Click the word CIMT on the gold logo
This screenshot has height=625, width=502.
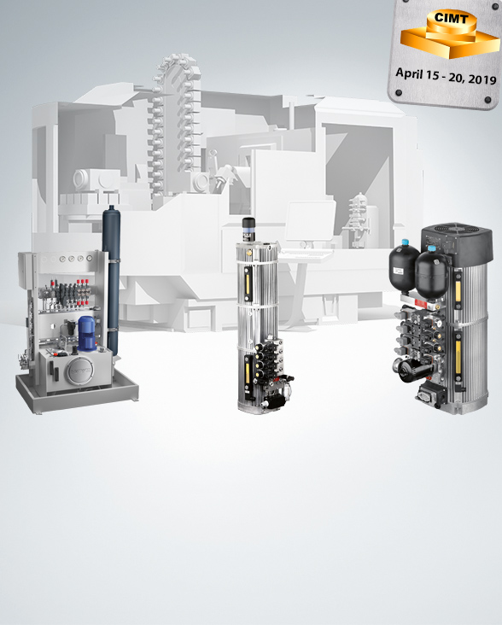point(451,18)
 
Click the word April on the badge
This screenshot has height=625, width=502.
point(409,73)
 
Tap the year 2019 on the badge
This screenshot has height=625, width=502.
point(482,79)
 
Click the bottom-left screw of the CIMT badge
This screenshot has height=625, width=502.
point(399,93)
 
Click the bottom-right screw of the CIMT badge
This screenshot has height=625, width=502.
point(487,100)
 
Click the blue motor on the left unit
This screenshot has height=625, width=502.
point(87,333)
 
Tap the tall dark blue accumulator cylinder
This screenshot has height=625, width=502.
point(111,280)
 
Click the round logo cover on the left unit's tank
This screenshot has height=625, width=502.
point(80,371)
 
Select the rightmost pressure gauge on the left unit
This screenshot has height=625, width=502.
point(90,259)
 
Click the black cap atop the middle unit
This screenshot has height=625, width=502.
point(248,225)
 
